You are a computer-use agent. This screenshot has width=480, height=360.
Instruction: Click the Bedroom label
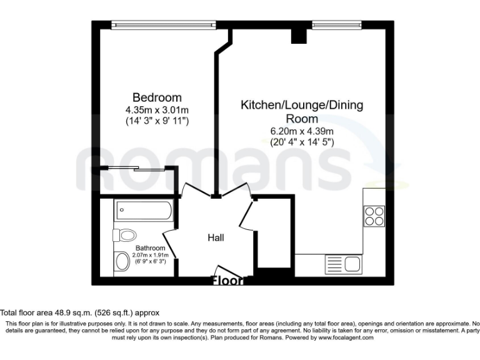point(157,97)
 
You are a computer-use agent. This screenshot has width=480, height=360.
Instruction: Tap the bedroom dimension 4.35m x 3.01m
point(157,109)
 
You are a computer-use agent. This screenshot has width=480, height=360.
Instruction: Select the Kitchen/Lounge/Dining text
point(302,105)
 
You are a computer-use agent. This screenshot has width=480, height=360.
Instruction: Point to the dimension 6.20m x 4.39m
point(302,131)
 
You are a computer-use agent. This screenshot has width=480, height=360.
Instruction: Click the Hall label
point(216,237)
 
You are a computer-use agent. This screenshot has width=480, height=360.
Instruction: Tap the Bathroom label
point(151,248)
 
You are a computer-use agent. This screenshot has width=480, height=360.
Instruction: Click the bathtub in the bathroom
point(143,211)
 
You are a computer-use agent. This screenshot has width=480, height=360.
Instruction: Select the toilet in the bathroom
point(126,235)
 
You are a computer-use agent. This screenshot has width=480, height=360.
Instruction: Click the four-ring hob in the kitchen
point(374,215)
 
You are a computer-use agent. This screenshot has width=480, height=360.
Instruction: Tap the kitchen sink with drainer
point(343,263)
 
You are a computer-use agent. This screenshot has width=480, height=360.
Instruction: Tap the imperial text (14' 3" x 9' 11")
point(157,121)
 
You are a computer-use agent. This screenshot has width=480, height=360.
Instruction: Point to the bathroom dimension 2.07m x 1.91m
point(151,255)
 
